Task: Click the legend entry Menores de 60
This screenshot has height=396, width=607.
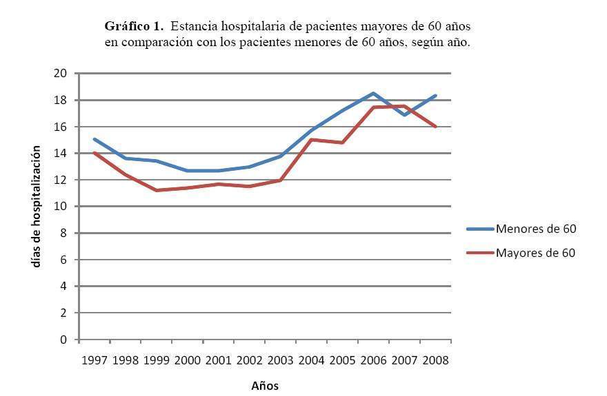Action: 535,229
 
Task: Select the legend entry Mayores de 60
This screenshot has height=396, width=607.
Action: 535,253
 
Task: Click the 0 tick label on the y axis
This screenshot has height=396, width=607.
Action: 63,340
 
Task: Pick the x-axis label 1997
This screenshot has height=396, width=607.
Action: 94,360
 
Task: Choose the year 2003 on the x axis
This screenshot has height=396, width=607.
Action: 280,360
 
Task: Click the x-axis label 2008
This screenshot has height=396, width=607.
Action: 435,360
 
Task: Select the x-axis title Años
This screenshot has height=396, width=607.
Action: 265,386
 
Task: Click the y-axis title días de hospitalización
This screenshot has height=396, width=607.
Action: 36,206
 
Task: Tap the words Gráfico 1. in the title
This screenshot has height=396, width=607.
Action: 134,26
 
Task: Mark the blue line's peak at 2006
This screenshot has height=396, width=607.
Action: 373,93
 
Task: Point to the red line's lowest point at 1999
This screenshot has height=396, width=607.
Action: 157,190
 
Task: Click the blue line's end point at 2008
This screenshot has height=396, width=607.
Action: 436,96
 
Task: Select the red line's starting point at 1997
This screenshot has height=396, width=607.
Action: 94,153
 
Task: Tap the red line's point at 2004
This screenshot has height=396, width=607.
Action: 311,139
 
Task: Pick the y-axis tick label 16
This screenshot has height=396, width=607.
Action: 60,127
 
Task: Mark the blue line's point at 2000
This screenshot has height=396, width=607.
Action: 188,171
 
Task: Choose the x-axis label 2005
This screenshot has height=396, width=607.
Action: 342,360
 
